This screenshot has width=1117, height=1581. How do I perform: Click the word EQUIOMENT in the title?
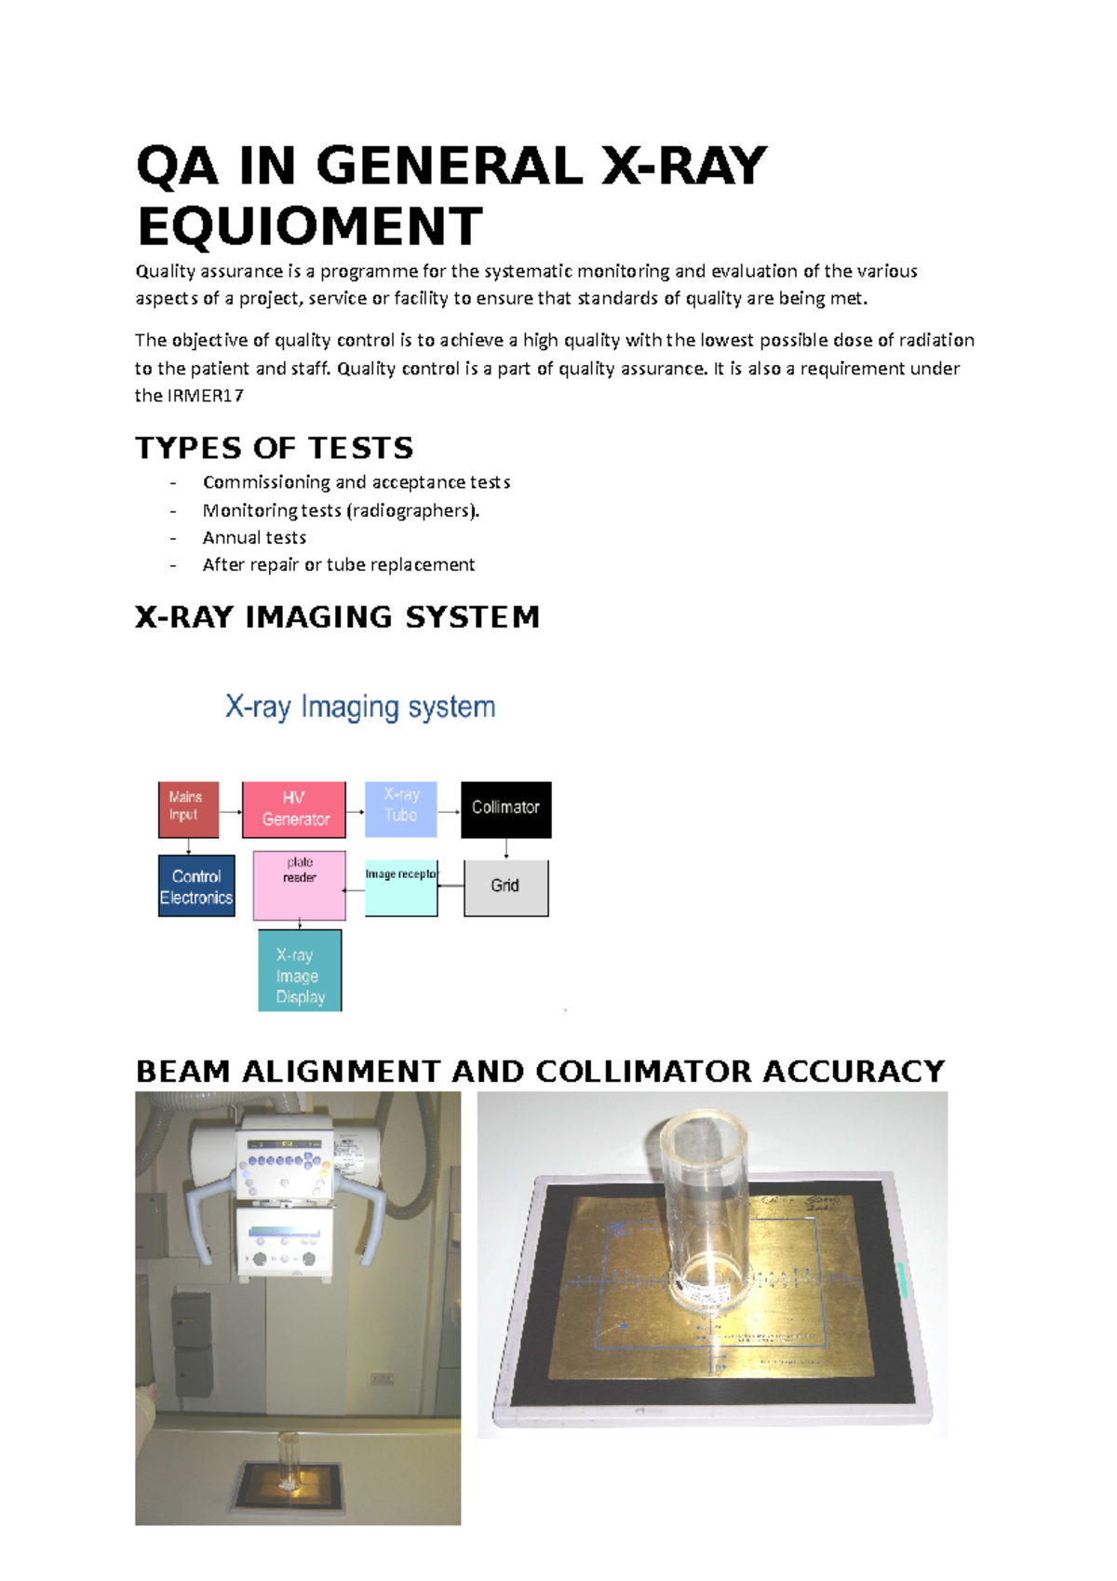(x=309, y=227)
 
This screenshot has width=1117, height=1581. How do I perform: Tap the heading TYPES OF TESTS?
(x=274, y=448)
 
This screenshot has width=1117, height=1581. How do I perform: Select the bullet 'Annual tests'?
(x=254, y=537)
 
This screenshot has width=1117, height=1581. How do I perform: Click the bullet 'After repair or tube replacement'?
(x=338, y=564)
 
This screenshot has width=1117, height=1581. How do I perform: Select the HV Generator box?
(x=293, y=809)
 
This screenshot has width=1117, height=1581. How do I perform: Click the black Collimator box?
(x=505, y=809)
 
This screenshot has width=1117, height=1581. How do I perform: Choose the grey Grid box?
(x=505, y=887)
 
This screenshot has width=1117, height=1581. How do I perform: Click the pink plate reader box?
(x=299, y=885)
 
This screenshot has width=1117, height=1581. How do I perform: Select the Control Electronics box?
(x=195, y=886)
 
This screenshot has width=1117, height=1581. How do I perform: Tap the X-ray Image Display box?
(x=299, y=970)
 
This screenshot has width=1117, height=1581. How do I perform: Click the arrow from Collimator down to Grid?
(x=506, y=848)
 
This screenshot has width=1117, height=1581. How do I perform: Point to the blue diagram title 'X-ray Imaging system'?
(x=359, y=707)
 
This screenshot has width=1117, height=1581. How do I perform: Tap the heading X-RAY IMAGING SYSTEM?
(x=337, y=617)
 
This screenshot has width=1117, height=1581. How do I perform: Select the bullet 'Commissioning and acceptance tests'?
(x=356, y=482)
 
